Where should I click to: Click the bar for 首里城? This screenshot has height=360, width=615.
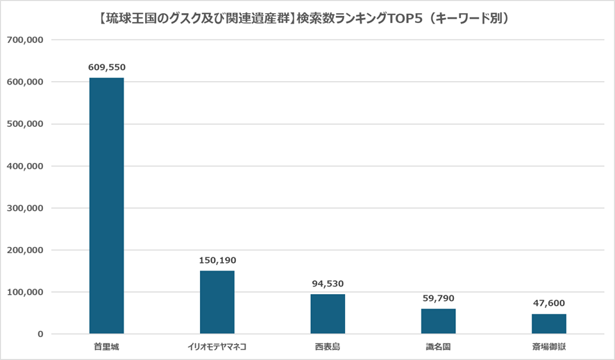click(x=106, y=205)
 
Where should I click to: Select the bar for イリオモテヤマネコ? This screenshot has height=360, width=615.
click(x=217, y=302)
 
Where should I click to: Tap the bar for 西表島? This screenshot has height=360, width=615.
click(x=328, y=314)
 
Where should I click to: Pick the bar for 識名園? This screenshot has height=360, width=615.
click(x=438, y=321)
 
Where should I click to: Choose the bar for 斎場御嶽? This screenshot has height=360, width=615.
click(x=549, y=324)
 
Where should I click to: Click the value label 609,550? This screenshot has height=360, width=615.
click(x=106, y=68)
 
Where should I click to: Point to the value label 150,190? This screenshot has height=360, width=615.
click(x=217, y=260)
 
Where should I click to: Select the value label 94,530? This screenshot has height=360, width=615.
click(x=328, y=284)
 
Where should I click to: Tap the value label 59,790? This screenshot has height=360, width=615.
click(x=438, y=298)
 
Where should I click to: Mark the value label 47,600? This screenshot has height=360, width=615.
click(x=549, y=303)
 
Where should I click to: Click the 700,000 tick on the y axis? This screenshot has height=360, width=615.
click(x=26, y=40)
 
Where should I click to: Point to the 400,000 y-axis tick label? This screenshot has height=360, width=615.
click(x=26, y=166)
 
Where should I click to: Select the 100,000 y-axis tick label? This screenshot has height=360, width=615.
click(x=26, y=292)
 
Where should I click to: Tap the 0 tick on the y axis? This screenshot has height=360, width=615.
click(x=40, y=334)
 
